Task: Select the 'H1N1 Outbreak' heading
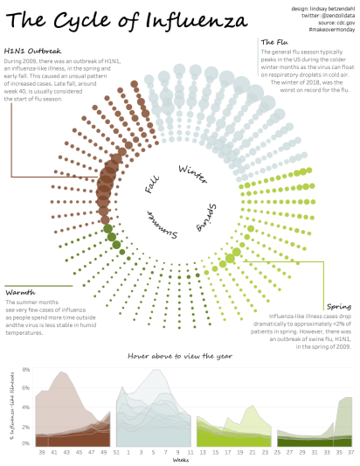[x=32, y=50]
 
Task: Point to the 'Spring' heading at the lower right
[x=338, y=306]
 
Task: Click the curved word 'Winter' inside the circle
[x=193, y=173]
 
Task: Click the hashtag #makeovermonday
[x=330, y=31]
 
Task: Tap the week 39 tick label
[x=42, y=453]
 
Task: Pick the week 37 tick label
[x=350, y=453]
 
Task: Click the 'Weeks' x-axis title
[x=180, y=460]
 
